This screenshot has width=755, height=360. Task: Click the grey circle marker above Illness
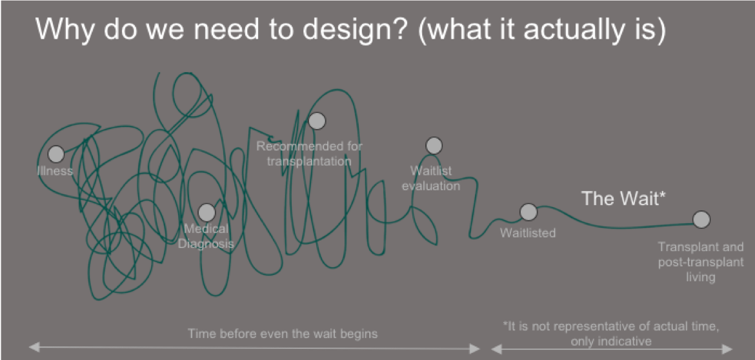pos(56,154)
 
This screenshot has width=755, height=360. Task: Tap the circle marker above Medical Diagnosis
pos(206,212)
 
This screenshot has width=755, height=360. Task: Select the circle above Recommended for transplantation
pos(317,121)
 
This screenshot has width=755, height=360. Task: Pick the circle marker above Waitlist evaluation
pos(434,145)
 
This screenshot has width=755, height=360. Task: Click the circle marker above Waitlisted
pos(528,212)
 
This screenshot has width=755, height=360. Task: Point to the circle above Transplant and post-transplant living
pos(701,219)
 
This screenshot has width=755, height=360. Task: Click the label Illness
pos(55,171)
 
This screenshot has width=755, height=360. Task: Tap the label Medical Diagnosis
pos(206,236)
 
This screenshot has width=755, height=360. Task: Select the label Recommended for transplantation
pos(309,154)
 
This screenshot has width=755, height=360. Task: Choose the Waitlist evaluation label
pos(431,179)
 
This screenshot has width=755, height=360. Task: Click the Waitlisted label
pos(528,233)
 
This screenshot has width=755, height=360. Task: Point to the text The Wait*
pos(623,198)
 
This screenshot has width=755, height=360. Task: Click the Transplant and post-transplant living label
pos(701,263)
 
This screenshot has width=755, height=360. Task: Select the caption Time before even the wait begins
pos(283,334)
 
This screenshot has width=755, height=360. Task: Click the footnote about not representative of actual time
pos(611,334)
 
